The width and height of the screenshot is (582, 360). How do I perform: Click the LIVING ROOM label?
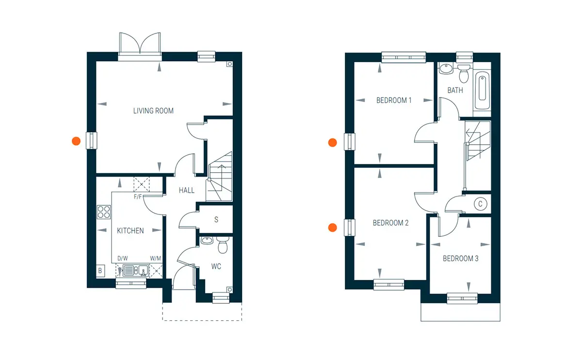click(x=153, y=111)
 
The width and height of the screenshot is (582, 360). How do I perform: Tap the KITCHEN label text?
click(x=130, y=230)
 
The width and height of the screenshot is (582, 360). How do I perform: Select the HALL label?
click(x=187, y=190)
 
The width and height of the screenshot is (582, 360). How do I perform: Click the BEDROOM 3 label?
click(x=460, y=259)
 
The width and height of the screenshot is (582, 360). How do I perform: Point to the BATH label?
click(x=455, y=90)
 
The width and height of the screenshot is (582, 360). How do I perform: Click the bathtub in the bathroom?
click(x=482, y=90)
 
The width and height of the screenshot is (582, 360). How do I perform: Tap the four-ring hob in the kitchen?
click(x=104, y=212)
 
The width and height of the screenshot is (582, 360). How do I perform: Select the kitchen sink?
click(x=136, y=270)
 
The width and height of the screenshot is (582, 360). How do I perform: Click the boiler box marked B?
click(x=100, y=271)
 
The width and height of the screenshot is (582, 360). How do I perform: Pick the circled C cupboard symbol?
click(x=480, y=204)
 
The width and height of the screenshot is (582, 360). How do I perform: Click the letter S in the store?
click(x=216, y=220)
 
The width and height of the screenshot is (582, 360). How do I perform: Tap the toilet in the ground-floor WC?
click(x=223, y=245)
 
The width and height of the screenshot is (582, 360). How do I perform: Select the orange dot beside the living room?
click(x=76, y=141)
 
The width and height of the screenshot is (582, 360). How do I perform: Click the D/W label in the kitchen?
click(x=123, y=259)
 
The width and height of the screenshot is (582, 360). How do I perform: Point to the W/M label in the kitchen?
click(x=155, y=259)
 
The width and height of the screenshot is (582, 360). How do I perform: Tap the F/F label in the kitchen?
click(x=138, y=197)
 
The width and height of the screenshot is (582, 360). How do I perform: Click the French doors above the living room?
click(x=140, y=47)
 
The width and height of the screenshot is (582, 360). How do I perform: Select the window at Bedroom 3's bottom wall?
click(x=462, y=298)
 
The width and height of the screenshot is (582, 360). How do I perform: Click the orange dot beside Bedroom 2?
click(x=333, y=228)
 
